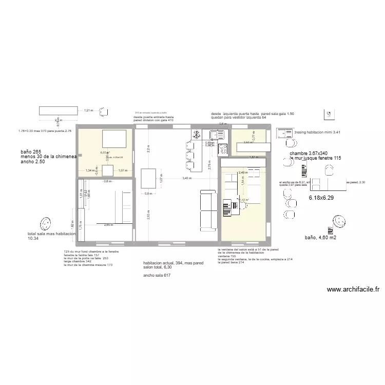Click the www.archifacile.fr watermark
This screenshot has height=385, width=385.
pos(353,290)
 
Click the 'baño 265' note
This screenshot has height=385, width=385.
pos(30,152)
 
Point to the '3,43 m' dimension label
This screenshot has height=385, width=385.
pos(187,178)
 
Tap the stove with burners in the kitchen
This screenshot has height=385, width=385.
pos(223,149)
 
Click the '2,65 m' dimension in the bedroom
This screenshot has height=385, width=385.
pos(108,225)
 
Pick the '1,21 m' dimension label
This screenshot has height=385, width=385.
pos(89,110)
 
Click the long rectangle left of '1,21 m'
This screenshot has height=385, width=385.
pos(56,111)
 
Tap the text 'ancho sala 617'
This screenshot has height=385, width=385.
pos(157,276)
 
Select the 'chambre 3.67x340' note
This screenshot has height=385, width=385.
pos(310,153)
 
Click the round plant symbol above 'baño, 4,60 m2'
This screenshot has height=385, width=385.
pos(339,221)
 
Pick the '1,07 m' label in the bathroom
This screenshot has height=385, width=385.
pos(122,170)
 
